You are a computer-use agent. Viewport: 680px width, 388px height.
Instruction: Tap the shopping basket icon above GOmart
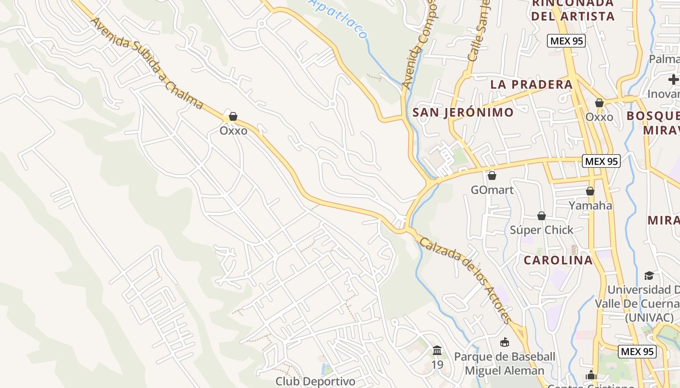tap(492, 175)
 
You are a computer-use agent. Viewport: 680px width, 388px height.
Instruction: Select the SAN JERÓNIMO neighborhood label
tap(462, 113)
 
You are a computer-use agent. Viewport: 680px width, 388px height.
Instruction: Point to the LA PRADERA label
tap(531, 84)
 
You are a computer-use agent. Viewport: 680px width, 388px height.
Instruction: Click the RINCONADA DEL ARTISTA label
tap(573, 10)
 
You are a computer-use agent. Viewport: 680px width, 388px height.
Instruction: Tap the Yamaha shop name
tap(590, 206)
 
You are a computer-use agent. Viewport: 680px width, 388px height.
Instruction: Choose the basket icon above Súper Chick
tap(541, 215)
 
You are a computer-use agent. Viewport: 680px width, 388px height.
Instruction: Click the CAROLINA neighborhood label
tap(558, 260)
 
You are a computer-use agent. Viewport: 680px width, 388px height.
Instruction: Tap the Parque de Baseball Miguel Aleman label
tap(505, 364)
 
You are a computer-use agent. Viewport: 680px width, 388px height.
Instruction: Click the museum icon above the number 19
tap(437, 350)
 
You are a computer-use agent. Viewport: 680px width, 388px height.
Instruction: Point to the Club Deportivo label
tap(315, 381)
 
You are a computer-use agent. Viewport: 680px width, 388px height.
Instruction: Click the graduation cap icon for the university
tap(649, 275)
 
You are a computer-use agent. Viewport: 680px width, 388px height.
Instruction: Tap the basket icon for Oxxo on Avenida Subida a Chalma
tap(233, 116)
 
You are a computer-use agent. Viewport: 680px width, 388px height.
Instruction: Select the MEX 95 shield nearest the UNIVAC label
tap(637, 352)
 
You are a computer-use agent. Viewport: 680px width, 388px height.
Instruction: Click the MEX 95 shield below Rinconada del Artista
tap(566, 41)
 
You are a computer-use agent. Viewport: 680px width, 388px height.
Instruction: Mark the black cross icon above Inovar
tap(673, 80)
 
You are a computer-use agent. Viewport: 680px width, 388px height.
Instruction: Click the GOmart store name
tap(492, 190)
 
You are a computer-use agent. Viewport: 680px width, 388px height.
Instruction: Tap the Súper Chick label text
tap(542, 230)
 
